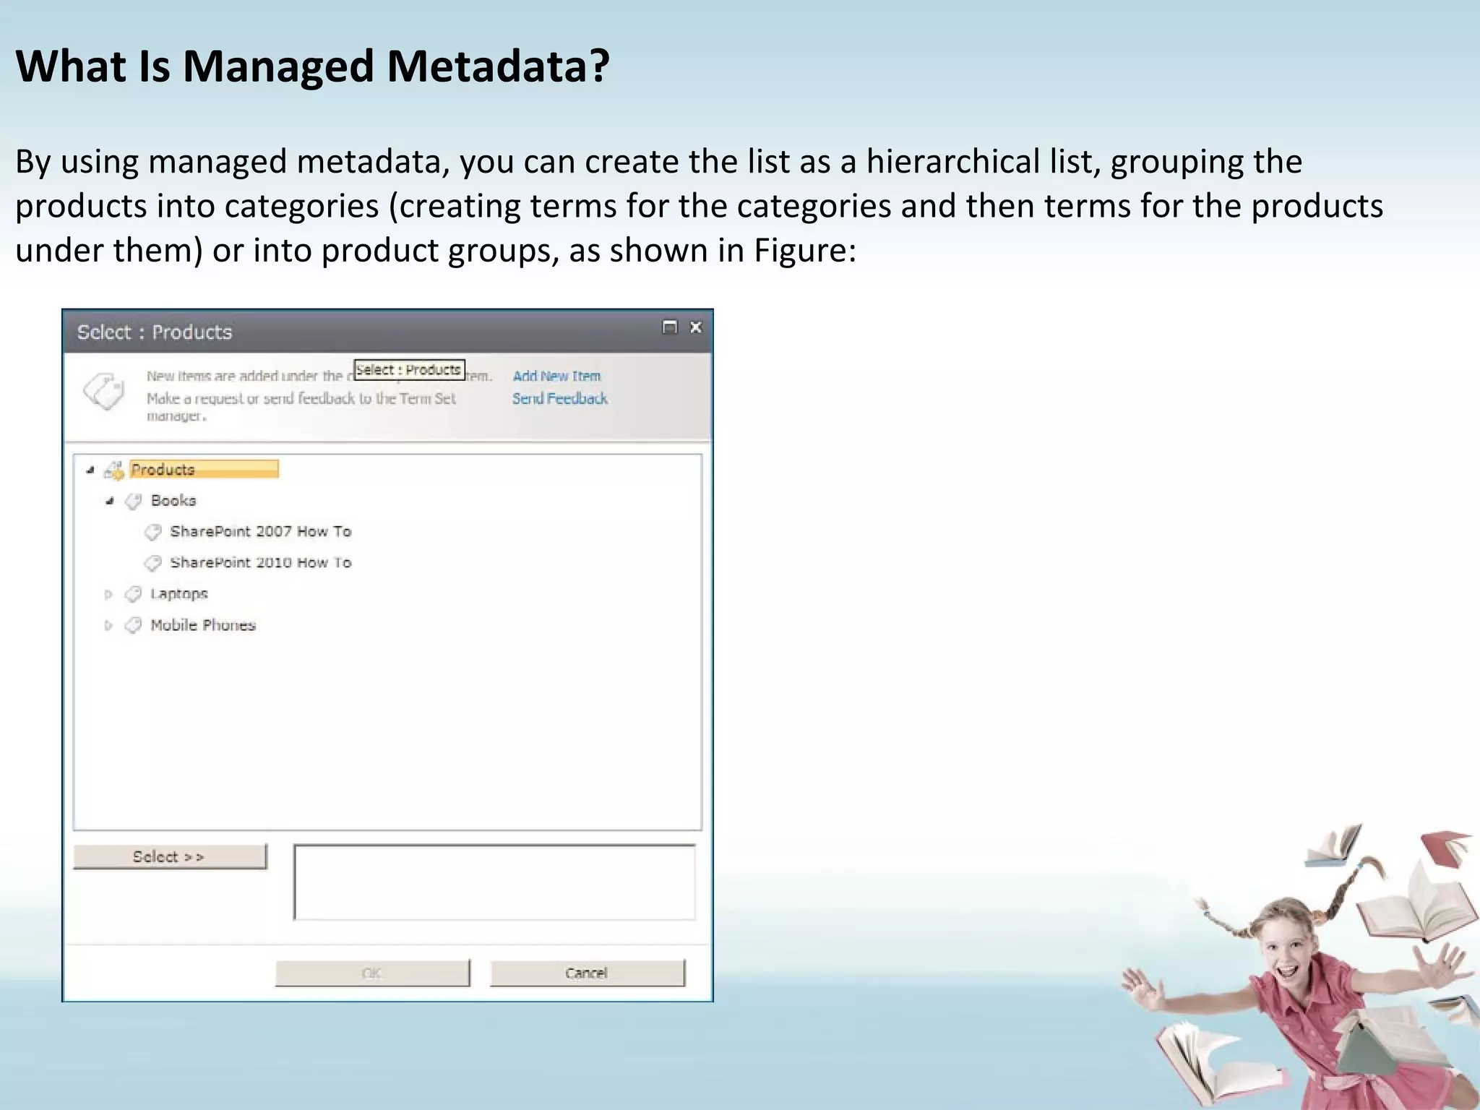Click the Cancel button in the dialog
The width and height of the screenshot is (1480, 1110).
[x=587, y=973]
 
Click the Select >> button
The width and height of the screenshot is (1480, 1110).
[x=170, y=856]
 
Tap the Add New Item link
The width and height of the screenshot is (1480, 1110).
[x=556, y=376]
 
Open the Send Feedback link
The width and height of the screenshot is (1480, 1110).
[x=559, y=398]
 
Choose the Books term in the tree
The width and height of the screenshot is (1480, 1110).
[x=173, y=500]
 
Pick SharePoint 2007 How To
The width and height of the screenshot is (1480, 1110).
[x=260, y=531]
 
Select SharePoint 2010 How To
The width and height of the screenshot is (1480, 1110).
[x=260, y=562]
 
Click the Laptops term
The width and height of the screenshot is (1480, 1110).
[x=178, y=593]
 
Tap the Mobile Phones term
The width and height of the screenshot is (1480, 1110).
[x=203, y=625]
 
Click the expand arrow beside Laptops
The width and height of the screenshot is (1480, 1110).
[x=108, y=594]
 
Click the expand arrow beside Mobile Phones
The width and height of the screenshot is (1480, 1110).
[x=108, y=625]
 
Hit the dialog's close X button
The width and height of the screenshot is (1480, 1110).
[x=696, y=327]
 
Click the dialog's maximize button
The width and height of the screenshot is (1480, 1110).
[x=670, y=327]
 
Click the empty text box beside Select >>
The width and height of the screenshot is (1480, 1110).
[x=494, y=882]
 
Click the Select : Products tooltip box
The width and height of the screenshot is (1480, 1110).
[x=409, y=369]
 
